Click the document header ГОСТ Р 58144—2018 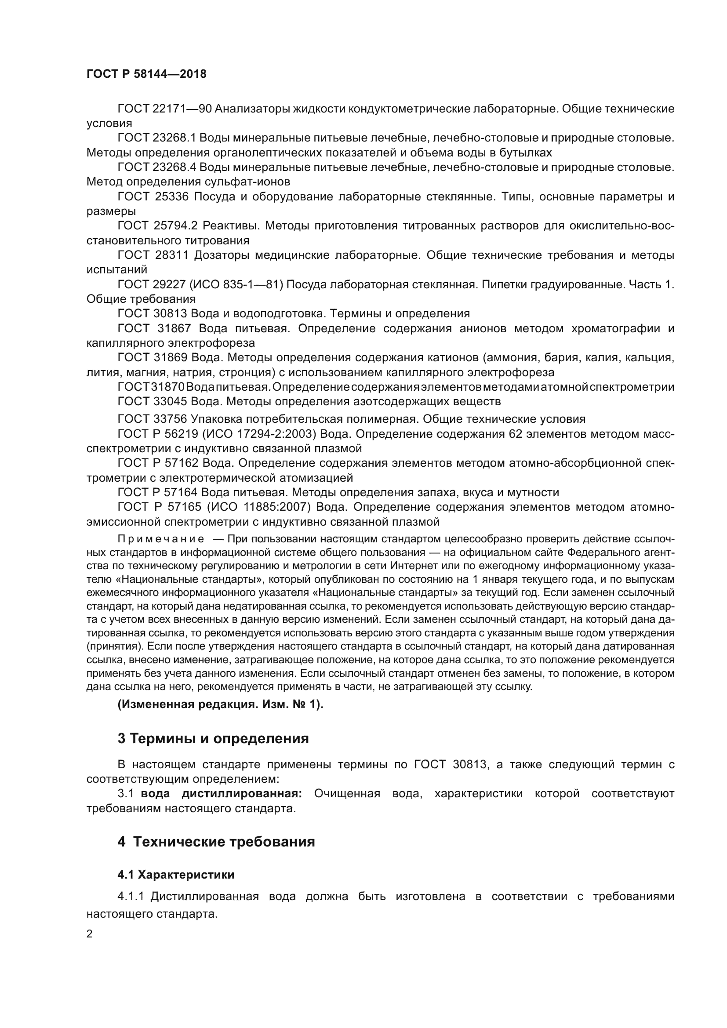coord(146,74)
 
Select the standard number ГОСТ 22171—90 coord(164,109)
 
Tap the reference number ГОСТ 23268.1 coord(156,138)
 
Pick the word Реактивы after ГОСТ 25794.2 coord(284,225)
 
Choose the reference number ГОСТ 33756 coord(152,419)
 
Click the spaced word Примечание coord(161,539)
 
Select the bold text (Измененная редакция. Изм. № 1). coord(220,704)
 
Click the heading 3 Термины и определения coord(213,738)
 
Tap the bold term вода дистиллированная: coord(221,794)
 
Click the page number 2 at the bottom coord(90,934)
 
